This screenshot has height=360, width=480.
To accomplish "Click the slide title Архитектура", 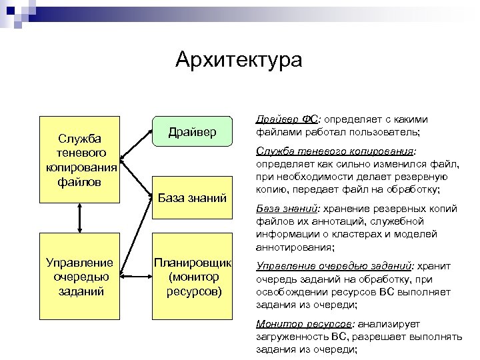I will [x=239, y=61].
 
